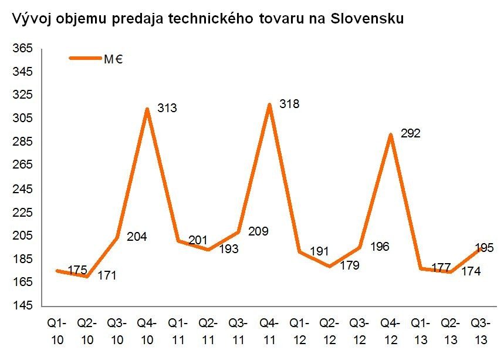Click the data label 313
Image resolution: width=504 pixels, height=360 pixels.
pos(168,108)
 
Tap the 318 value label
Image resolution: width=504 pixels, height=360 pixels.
pos(290,105)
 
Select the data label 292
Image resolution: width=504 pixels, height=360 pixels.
pos(411,133)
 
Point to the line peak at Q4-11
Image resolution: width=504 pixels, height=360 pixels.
pos(269,105)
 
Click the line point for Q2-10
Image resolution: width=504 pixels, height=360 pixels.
pos(87,276)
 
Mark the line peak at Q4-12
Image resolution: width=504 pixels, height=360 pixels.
pos(390,135)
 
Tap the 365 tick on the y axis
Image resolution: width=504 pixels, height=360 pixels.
pos(22,49)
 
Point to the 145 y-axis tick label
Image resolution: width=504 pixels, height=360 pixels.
pos(22,306)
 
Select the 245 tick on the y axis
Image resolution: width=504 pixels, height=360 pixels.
pos(22,189)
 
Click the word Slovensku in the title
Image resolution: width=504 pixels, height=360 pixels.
pos(368,18)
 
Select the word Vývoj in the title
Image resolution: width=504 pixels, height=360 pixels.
pos(30,18)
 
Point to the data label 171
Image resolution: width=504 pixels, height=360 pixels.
pos(107,275)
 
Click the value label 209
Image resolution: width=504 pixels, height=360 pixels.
pos(258,231)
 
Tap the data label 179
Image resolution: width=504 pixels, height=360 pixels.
pos(350,265)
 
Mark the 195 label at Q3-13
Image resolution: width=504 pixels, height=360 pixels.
pos(483,246)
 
